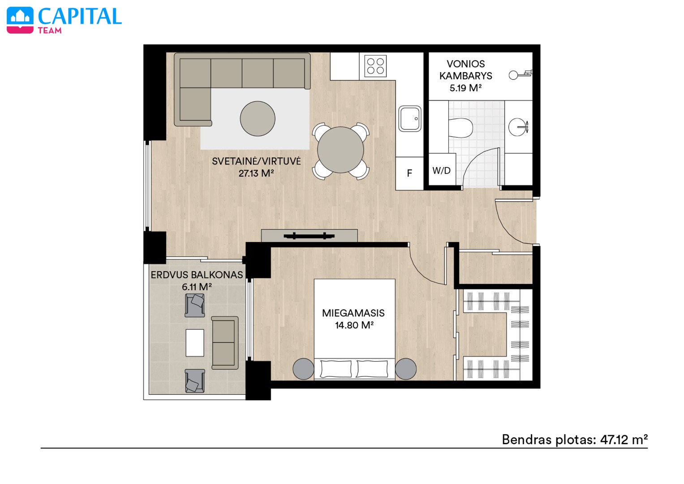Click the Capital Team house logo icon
(x=20, y=20)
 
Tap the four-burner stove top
(x=375, y=66)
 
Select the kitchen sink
(x=410, y=119)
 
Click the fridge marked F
(x=409, y=173)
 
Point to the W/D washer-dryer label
(x=441, y=170)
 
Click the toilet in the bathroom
(x=460, y=128)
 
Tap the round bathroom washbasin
(x=517, y=127)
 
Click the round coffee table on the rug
(x=258, y=119)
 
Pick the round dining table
(x=340, y=150)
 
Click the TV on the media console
(x=309, y=236)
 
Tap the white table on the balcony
(x=195, y=343)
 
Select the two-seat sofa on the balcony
(x=225, y=343)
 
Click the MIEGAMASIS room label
(x=353, y=313)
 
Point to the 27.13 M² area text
(x=256, y=173)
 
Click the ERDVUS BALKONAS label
(x=197, y=275)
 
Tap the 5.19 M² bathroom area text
(x=465, y=88)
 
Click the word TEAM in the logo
(x=50, y=30)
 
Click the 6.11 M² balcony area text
(x=197, y=287)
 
